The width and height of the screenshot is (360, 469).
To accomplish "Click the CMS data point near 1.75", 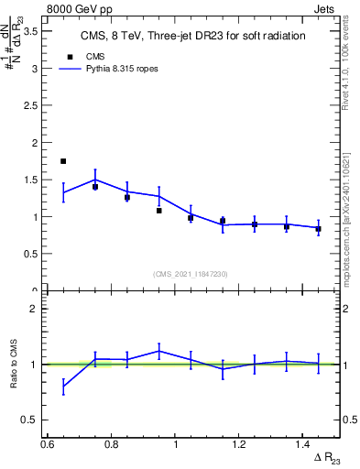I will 63,161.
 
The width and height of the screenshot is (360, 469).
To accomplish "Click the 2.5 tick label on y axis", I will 31,105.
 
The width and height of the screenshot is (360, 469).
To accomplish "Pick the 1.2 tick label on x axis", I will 240,443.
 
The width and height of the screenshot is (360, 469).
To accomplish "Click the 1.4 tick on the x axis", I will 304,443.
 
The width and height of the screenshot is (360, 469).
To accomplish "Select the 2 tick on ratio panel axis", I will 35,309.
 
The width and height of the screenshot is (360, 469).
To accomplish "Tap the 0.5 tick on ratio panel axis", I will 31,420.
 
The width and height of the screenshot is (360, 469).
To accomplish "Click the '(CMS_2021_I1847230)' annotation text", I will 191,274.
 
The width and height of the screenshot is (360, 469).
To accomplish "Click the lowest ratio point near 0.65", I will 63,387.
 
